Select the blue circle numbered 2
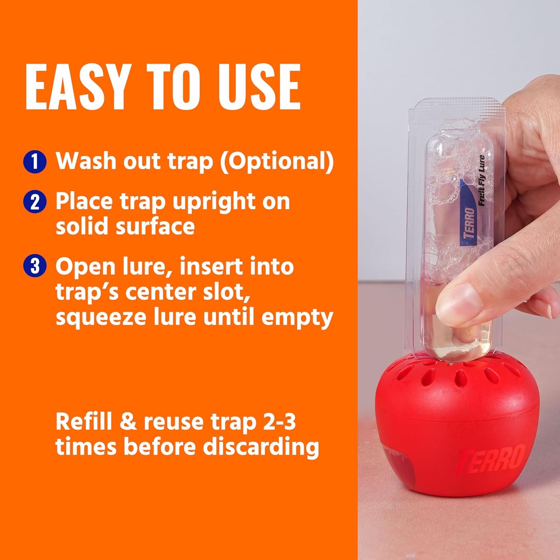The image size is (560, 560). tap(35, 202)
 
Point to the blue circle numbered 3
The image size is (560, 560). tap(35, 267)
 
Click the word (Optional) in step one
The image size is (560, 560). tap(277, 161)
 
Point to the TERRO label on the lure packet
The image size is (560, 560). tap(469, 223)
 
